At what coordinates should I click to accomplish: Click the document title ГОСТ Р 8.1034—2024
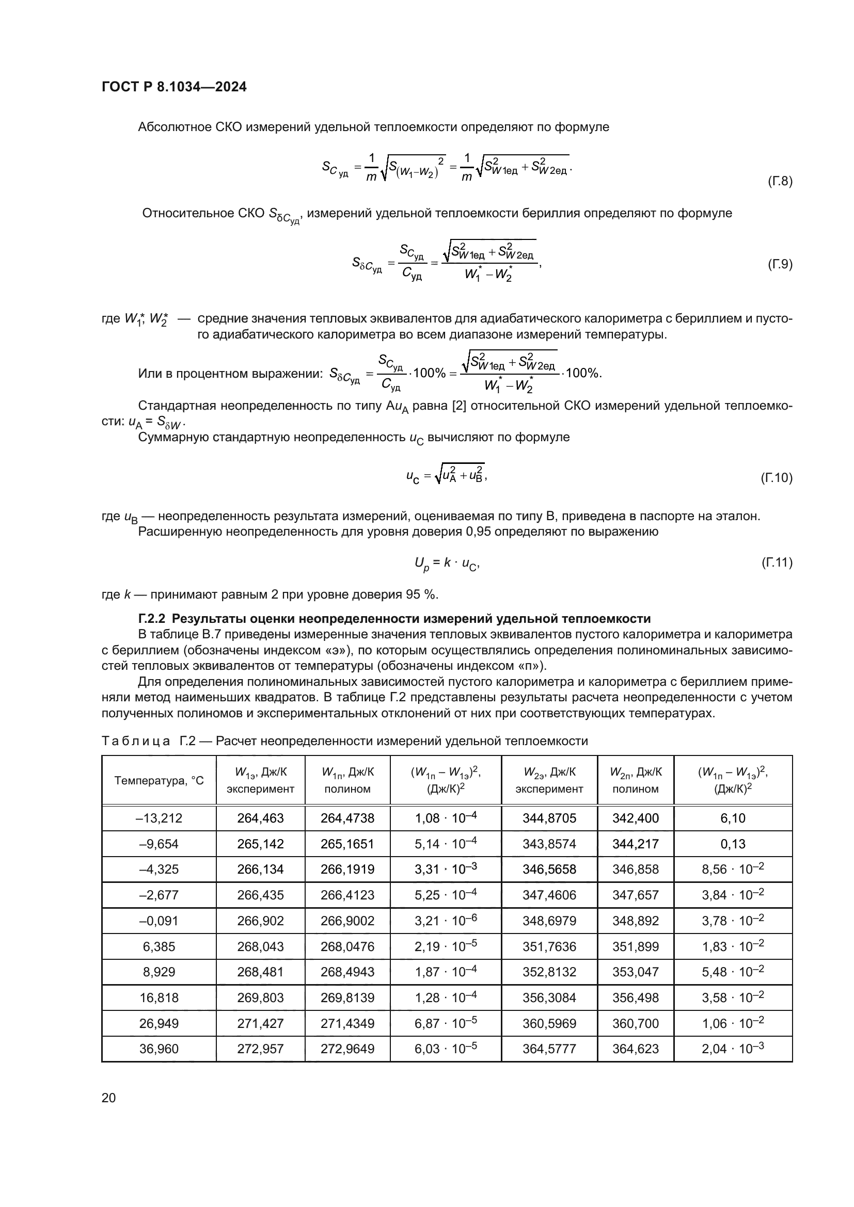click(174, 87)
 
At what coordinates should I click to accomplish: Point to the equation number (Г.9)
click(779, 264)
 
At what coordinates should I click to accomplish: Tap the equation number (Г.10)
click(776, 478)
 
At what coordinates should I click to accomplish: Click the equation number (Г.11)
click(777, 562)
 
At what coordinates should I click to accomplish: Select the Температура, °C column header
click(159, 781)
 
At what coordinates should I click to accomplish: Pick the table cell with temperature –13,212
click(159, 818)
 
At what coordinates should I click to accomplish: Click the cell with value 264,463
click(260, 818)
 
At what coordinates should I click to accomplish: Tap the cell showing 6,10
click(733, 818)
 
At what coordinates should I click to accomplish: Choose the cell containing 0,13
click(733, 844)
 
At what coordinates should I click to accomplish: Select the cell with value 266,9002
click(347, 921)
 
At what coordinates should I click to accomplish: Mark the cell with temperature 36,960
click(159, 1049)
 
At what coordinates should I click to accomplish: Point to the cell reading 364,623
click(635, 1049)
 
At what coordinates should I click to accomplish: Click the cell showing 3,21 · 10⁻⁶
click(446, 921)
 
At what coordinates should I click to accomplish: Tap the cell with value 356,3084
click(549, 997)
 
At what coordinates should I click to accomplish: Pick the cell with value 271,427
click(260, 1023)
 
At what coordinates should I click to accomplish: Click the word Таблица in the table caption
click(136, 741)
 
